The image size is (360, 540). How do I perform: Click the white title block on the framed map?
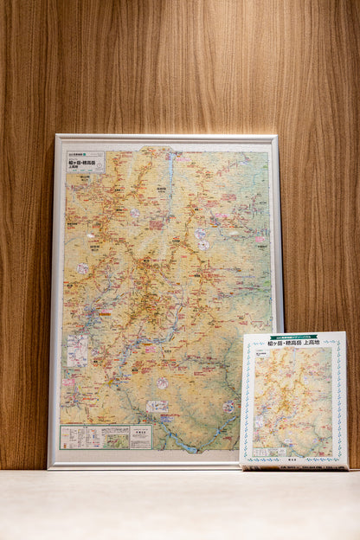[85, 161]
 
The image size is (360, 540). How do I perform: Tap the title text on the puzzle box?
[293, 343]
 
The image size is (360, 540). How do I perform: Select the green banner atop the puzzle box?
[293, 336]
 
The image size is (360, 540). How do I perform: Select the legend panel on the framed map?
[105, 437]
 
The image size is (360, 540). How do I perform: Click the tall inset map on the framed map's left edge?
[77, 350]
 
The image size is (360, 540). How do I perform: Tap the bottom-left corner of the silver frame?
[49, 466]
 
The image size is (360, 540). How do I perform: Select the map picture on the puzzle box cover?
[292, 400]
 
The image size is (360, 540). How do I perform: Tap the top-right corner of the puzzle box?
[345, 332]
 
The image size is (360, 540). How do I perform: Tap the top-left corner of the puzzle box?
[242, 335]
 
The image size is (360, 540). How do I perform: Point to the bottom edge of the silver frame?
[143, 466]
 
